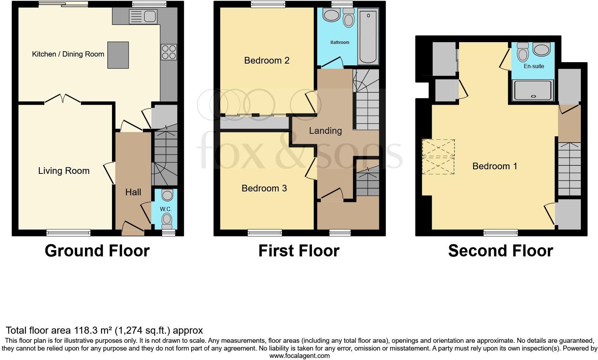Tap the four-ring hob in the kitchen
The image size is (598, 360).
point(168,52)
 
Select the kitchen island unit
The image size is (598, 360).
point(118,55)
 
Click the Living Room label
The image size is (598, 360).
point(64,171)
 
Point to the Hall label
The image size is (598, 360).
point(133,192)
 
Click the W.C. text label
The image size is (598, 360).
point(166,209)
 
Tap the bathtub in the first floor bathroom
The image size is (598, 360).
point(368,37)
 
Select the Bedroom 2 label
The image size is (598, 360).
point(267,60)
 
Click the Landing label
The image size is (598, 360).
point(325,131)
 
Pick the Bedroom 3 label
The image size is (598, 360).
point(264,188)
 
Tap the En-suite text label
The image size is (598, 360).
point(534,66)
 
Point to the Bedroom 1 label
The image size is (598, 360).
point(494,166)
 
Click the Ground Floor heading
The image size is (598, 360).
point(97,251)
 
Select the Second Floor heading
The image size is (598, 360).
point(500,251)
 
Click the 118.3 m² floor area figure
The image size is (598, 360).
point(93,330)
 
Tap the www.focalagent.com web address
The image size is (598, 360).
point(299,356)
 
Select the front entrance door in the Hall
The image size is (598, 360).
point(133,228)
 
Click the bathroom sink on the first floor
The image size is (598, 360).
point(330,15)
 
